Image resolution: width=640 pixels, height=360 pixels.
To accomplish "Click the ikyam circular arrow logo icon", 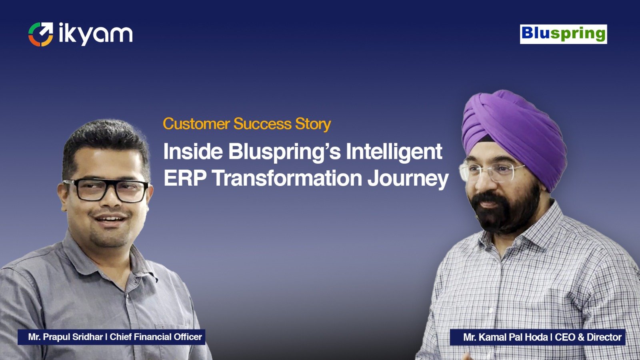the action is [40, 34].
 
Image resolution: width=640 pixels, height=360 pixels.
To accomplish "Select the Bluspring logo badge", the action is [564, 34].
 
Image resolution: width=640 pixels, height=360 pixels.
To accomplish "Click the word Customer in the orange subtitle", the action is [196, 124].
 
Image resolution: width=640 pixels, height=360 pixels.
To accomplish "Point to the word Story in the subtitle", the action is [313, 124].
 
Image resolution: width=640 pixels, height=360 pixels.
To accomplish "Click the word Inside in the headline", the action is [193, 152].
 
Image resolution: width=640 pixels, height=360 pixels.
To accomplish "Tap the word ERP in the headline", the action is [185, 178].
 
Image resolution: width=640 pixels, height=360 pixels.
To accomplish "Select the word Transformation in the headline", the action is [287, 178].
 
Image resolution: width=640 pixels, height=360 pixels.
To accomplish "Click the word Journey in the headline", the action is [408, 180].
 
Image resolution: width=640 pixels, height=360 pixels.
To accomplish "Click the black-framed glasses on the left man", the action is [105, 190].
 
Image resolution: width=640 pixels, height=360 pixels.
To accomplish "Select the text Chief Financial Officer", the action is [156, 337].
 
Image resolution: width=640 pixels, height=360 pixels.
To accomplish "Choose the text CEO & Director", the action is [588, 337].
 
